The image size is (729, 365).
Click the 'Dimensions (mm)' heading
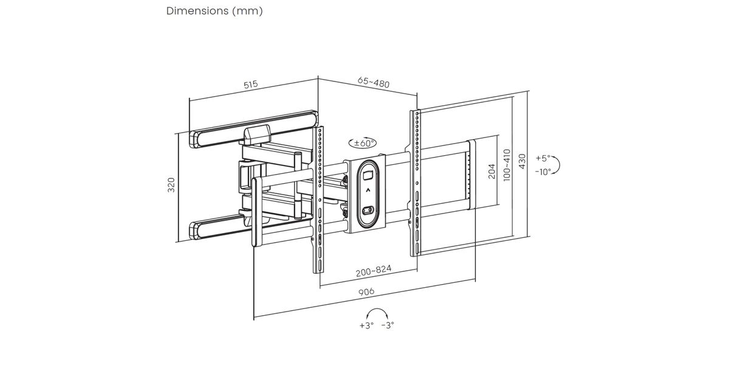pos(214,11)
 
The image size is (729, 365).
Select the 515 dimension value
pos(251,85)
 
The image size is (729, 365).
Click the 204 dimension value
pos(492,172)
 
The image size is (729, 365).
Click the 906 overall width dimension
pos(365,293)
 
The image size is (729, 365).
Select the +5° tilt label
pos(542,158)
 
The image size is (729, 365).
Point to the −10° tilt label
pos(543,172)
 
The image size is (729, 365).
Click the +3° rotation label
pos(366,325)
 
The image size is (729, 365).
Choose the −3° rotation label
pos(387,325)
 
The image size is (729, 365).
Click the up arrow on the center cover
pos(368,190)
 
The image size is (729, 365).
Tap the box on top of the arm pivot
pos(257,132)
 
